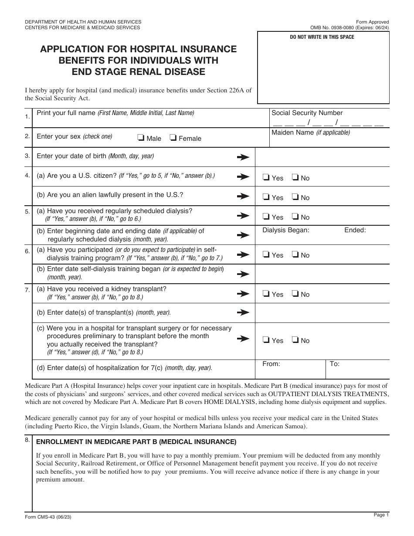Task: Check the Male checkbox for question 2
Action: (141, 138)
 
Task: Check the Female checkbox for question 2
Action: (173, 138)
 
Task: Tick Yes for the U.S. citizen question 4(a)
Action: (266, 177)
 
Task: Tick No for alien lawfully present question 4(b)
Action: (295, 197)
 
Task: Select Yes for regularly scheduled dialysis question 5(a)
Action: (266, 217)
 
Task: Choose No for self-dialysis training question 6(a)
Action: (295, 254)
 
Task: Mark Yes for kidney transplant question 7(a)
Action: (266, 294)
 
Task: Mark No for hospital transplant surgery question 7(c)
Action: (295, 340)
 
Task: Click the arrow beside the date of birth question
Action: (243, 157)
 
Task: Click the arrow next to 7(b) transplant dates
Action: (243, 312)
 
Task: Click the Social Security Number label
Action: (307, 113)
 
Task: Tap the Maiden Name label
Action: (310, 132)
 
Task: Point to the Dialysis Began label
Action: (285, 230)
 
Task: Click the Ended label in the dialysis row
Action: (355, 230)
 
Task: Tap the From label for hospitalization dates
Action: (271, 363)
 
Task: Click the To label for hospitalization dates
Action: (334, 363)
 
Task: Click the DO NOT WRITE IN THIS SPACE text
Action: (322, 37)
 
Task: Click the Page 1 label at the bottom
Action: (381, 515)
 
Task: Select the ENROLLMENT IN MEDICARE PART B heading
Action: (136, 442)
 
